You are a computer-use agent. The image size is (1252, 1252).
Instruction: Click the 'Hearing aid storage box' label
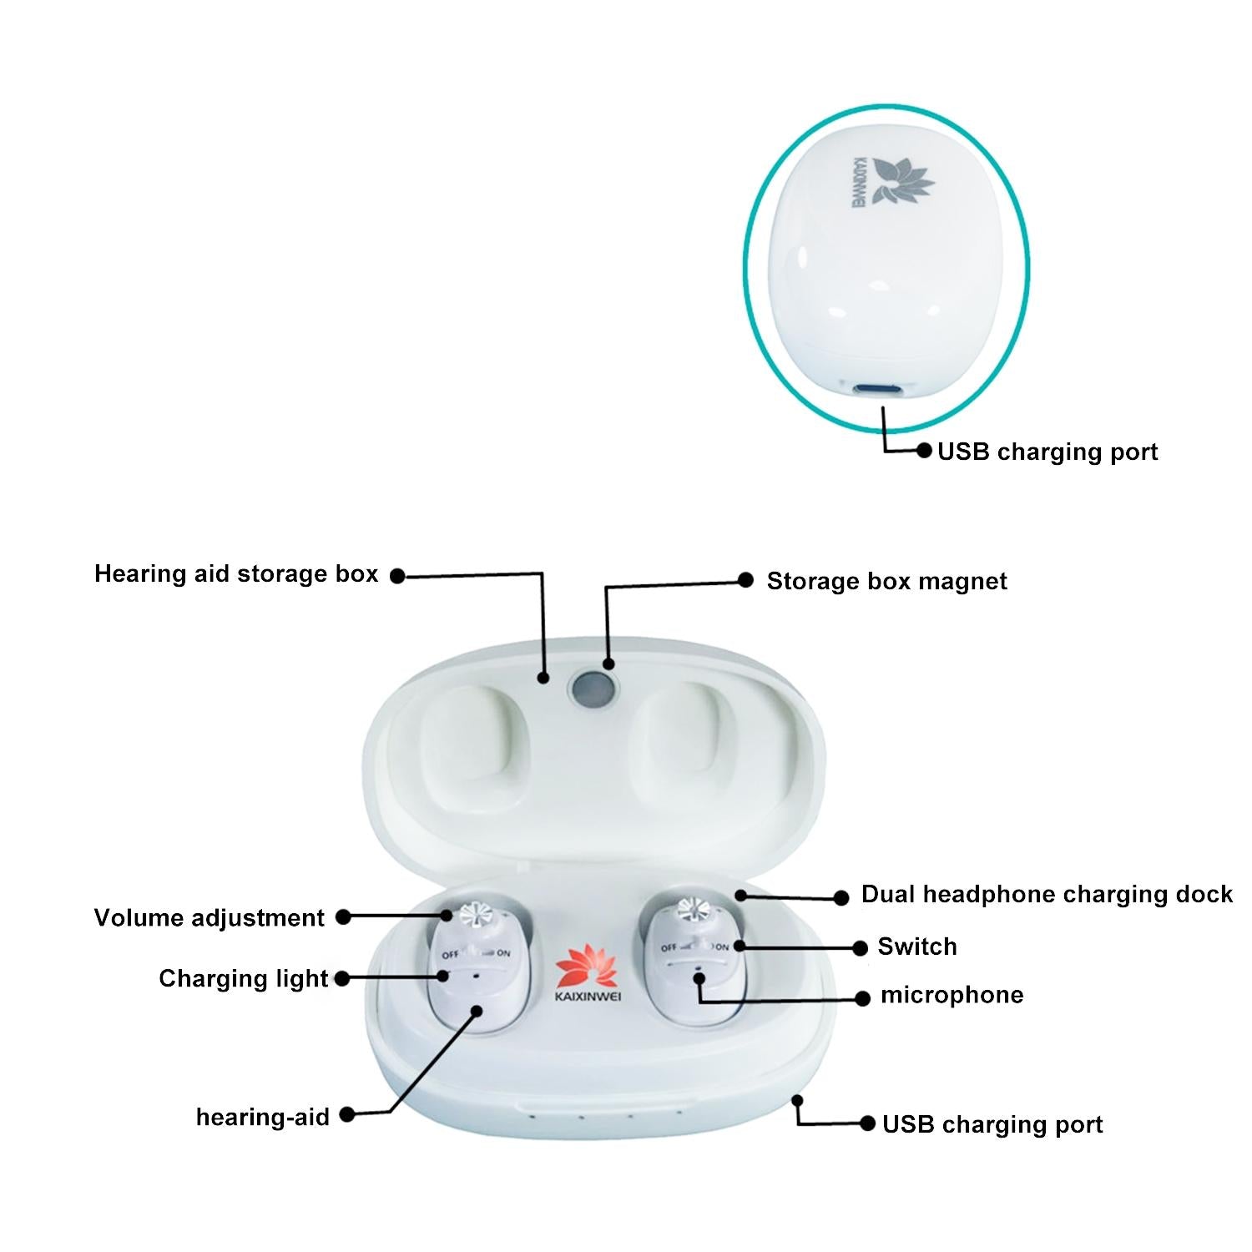click(236, 574)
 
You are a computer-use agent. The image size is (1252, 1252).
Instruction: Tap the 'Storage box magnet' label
click(886, 582)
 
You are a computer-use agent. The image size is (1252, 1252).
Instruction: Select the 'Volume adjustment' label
click(209, 918)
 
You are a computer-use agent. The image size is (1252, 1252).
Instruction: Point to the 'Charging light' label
click(244, 978)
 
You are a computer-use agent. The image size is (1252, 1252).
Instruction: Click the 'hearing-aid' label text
click(263, 1117)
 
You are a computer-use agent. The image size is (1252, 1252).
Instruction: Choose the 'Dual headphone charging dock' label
click(1047, 895)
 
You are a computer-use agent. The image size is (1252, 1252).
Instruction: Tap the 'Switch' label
click(917, 947)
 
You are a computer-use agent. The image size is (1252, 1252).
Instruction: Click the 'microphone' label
click(952, 995)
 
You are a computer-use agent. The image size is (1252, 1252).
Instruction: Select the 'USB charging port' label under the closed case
click(1048, 452)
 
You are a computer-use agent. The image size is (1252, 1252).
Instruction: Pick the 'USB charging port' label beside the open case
click(992, 1124)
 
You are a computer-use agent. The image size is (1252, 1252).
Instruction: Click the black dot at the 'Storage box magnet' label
click(745, 580)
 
